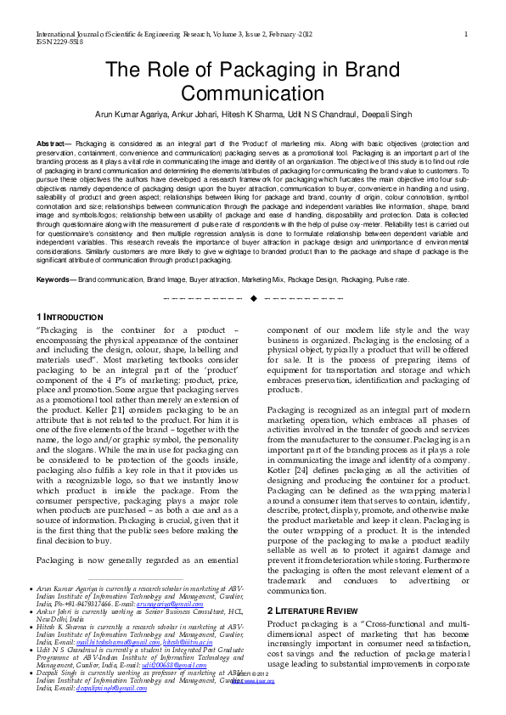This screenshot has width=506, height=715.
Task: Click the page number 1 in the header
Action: [x=467, y=33]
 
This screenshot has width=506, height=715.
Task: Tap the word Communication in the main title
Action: [x=253, y=93]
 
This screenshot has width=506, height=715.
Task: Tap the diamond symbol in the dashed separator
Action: [x=253, y=298]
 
